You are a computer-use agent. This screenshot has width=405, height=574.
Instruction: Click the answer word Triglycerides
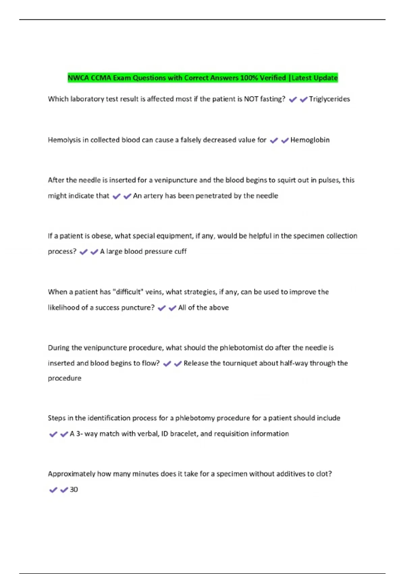point(329,99)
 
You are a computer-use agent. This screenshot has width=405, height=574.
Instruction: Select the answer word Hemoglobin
point(310,140)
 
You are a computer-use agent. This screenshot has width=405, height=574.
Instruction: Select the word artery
point(153,196)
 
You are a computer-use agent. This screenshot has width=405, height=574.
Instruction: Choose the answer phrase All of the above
point(204,308)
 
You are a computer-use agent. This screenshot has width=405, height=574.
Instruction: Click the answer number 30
point(74,490)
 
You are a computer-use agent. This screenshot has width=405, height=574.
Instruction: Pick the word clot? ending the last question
point(324,474)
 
